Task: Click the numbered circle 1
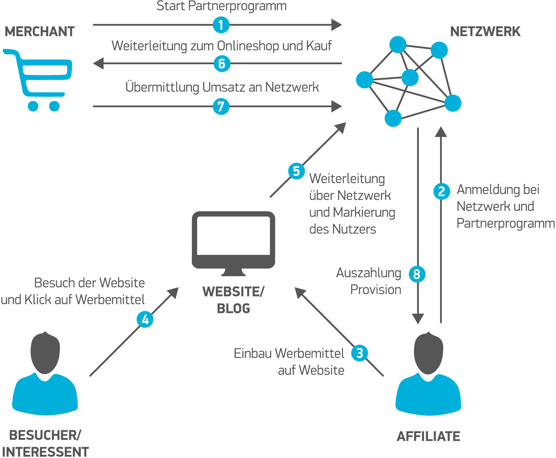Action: tap(221, 25)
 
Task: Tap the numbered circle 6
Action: tap(222, 64)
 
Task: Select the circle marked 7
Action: tap(221, 106)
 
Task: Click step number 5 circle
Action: tap(296, 171)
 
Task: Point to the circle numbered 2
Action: tap(442, 191)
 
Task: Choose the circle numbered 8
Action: tap(417, 274)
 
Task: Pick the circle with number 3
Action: tap(360, 353)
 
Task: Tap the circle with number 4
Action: tap(145, 319)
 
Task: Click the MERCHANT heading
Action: tap(40, 32)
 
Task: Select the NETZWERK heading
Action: tap(485, 32)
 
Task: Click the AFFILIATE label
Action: tap(428, 436)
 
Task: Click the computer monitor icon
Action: tap(233, 242)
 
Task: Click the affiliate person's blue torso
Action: tap(428, 397)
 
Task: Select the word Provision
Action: tap(376, 290)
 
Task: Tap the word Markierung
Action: tap(364, 212)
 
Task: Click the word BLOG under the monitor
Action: tap(233, 308)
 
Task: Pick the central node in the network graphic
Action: tap(410, 78)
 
